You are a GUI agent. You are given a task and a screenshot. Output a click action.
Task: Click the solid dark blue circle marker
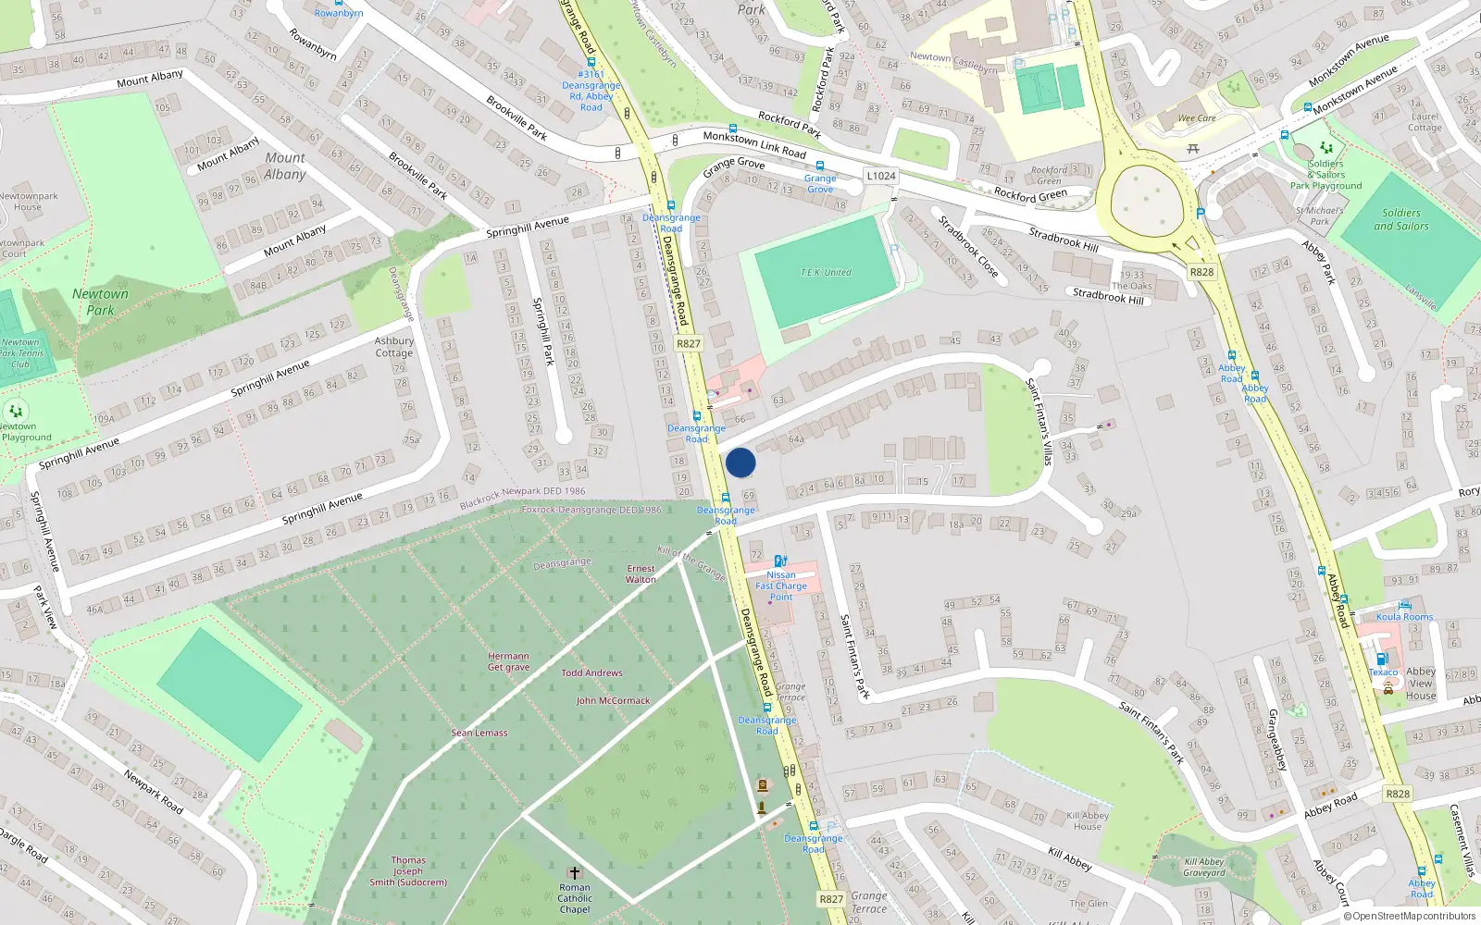(x=740, y=462)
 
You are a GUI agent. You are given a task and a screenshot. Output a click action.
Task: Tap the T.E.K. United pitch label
(x=826, y=273)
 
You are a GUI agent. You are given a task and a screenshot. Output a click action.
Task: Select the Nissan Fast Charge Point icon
(x=780, y=561)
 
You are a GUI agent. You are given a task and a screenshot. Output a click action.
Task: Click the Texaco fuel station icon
(x=1382, y=659)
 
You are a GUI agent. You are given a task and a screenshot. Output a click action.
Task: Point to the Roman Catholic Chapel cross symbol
(x=574, y=872)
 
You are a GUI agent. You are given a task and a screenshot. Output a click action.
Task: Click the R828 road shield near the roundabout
(x=1201, y=272)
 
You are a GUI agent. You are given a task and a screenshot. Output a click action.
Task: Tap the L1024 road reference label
(x=880, y=176)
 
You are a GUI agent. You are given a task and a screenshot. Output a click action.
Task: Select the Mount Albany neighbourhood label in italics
(x=285, y=166)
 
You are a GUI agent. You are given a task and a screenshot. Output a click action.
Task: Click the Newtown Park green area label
(x=100, y=302)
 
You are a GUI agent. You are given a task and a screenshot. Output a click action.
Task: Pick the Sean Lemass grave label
(x=479, y=733)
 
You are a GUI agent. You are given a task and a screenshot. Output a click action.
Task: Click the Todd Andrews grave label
(x=591, y=672)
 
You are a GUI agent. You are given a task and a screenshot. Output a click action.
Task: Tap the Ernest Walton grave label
(x=641, y=574)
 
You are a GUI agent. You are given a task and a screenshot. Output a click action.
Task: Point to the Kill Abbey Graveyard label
(x=1203, y=867)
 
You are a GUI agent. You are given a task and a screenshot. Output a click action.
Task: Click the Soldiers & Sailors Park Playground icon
(x=1325, y=148)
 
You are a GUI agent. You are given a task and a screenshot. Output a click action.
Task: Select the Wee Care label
(x=1197, y=118)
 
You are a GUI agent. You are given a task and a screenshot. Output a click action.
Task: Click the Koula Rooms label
(x=1404, y=617)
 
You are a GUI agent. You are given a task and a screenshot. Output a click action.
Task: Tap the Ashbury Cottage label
(x=394, y=347)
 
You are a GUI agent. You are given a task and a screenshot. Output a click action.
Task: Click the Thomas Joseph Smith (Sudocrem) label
(x=408, y=870)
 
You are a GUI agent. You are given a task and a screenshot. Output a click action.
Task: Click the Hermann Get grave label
(x=509, y=661)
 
